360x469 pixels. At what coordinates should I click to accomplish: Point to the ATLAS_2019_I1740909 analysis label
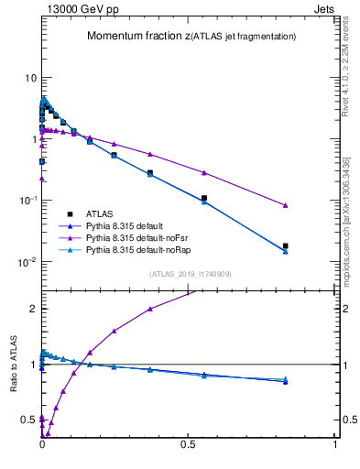click(191, 274)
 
